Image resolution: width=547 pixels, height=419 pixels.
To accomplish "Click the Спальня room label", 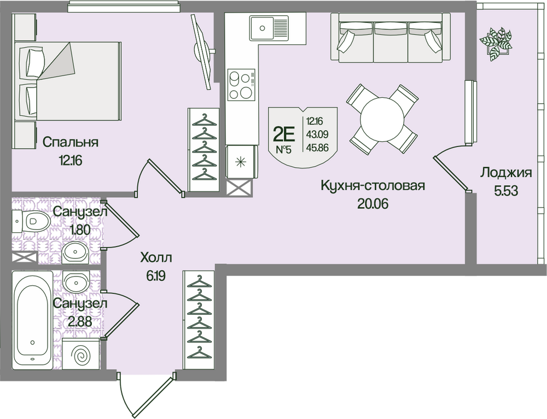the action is coord(71,142).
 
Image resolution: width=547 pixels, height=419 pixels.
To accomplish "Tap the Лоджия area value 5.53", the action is coord(505,191).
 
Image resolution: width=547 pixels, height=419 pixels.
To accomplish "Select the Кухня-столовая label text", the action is coord(373,186).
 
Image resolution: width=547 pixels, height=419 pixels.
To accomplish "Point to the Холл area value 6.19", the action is coord(155,276).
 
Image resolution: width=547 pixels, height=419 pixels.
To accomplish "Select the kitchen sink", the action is coord(269,27).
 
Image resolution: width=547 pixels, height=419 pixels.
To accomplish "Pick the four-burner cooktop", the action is coord(241,84).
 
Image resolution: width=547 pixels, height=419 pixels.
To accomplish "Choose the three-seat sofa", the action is coord(391,38).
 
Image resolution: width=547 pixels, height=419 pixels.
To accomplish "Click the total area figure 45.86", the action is coord(317,147).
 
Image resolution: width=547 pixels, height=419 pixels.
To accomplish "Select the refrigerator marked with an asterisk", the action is coord(241,162).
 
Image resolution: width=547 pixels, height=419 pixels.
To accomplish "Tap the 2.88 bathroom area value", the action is coord(80,321).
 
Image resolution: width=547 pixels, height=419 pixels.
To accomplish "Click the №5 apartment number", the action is coord(283,150).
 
